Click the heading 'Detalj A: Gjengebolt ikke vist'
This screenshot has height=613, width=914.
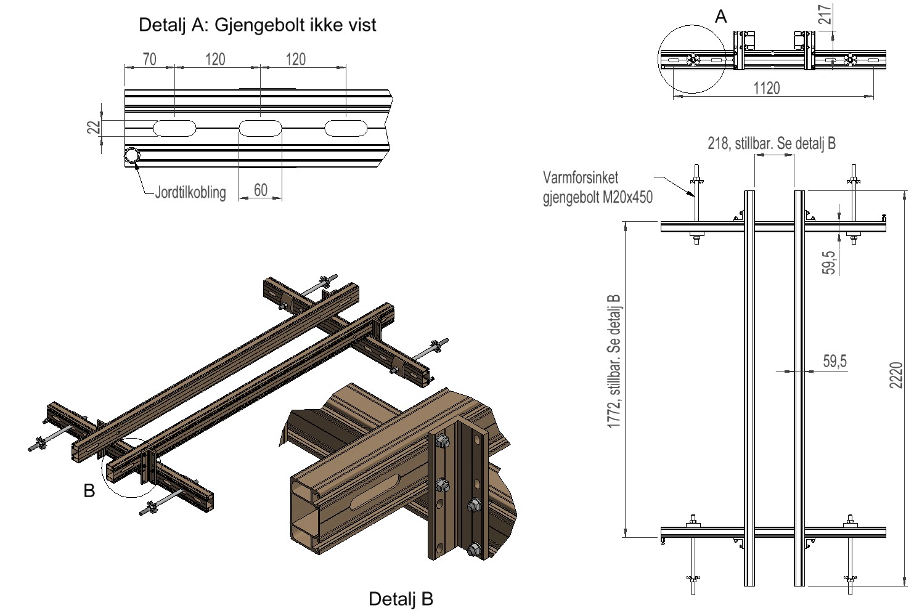pyautogui.click(x=257, y=25)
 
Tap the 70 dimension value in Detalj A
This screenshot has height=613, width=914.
pyautogui.click(x=149, y=59)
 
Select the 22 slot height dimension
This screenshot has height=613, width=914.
pyautogui.click(x=94, y=128)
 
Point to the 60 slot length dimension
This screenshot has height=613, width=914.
pyautogui.click(x=261, y=189)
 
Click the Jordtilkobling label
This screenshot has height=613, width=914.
pyautogui.click(x=190, y=192)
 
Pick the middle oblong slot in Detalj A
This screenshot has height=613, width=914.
pyautogui.click(x=260, y=128)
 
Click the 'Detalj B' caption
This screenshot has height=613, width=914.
pyautogui.click(x=401, y=598)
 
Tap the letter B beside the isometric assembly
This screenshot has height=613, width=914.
pyautogui.click(x=89, y=491)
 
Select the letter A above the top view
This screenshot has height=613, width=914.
pyautogui.click(x=720, y=17)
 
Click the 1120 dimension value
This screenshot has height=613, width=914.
pyautogui.click(x=766, y=87)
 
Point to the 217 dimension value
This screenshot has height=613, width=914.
pyautogui.click(x=825, y=14)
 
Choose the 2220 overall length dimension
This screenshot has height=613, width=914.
pyautogui.click(x=897, y=375)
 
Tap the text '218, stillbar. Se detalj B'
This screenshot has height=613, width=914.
pyautogui.click(x=772, y=144)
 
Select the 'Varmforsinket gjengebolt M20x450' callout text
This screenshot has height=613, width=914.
pyautogui.click(x=597, y=187)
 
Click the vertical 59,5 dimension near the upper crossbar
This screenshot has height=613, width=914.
pyautogui.click(x=830, y=261)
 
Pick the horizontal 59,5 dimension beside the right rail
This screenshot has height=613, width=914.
pyautogui.click(x=834, y=361)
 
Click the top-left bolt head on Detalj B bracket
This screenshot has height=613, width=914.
pyautogui.click(x=442, y=441)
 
